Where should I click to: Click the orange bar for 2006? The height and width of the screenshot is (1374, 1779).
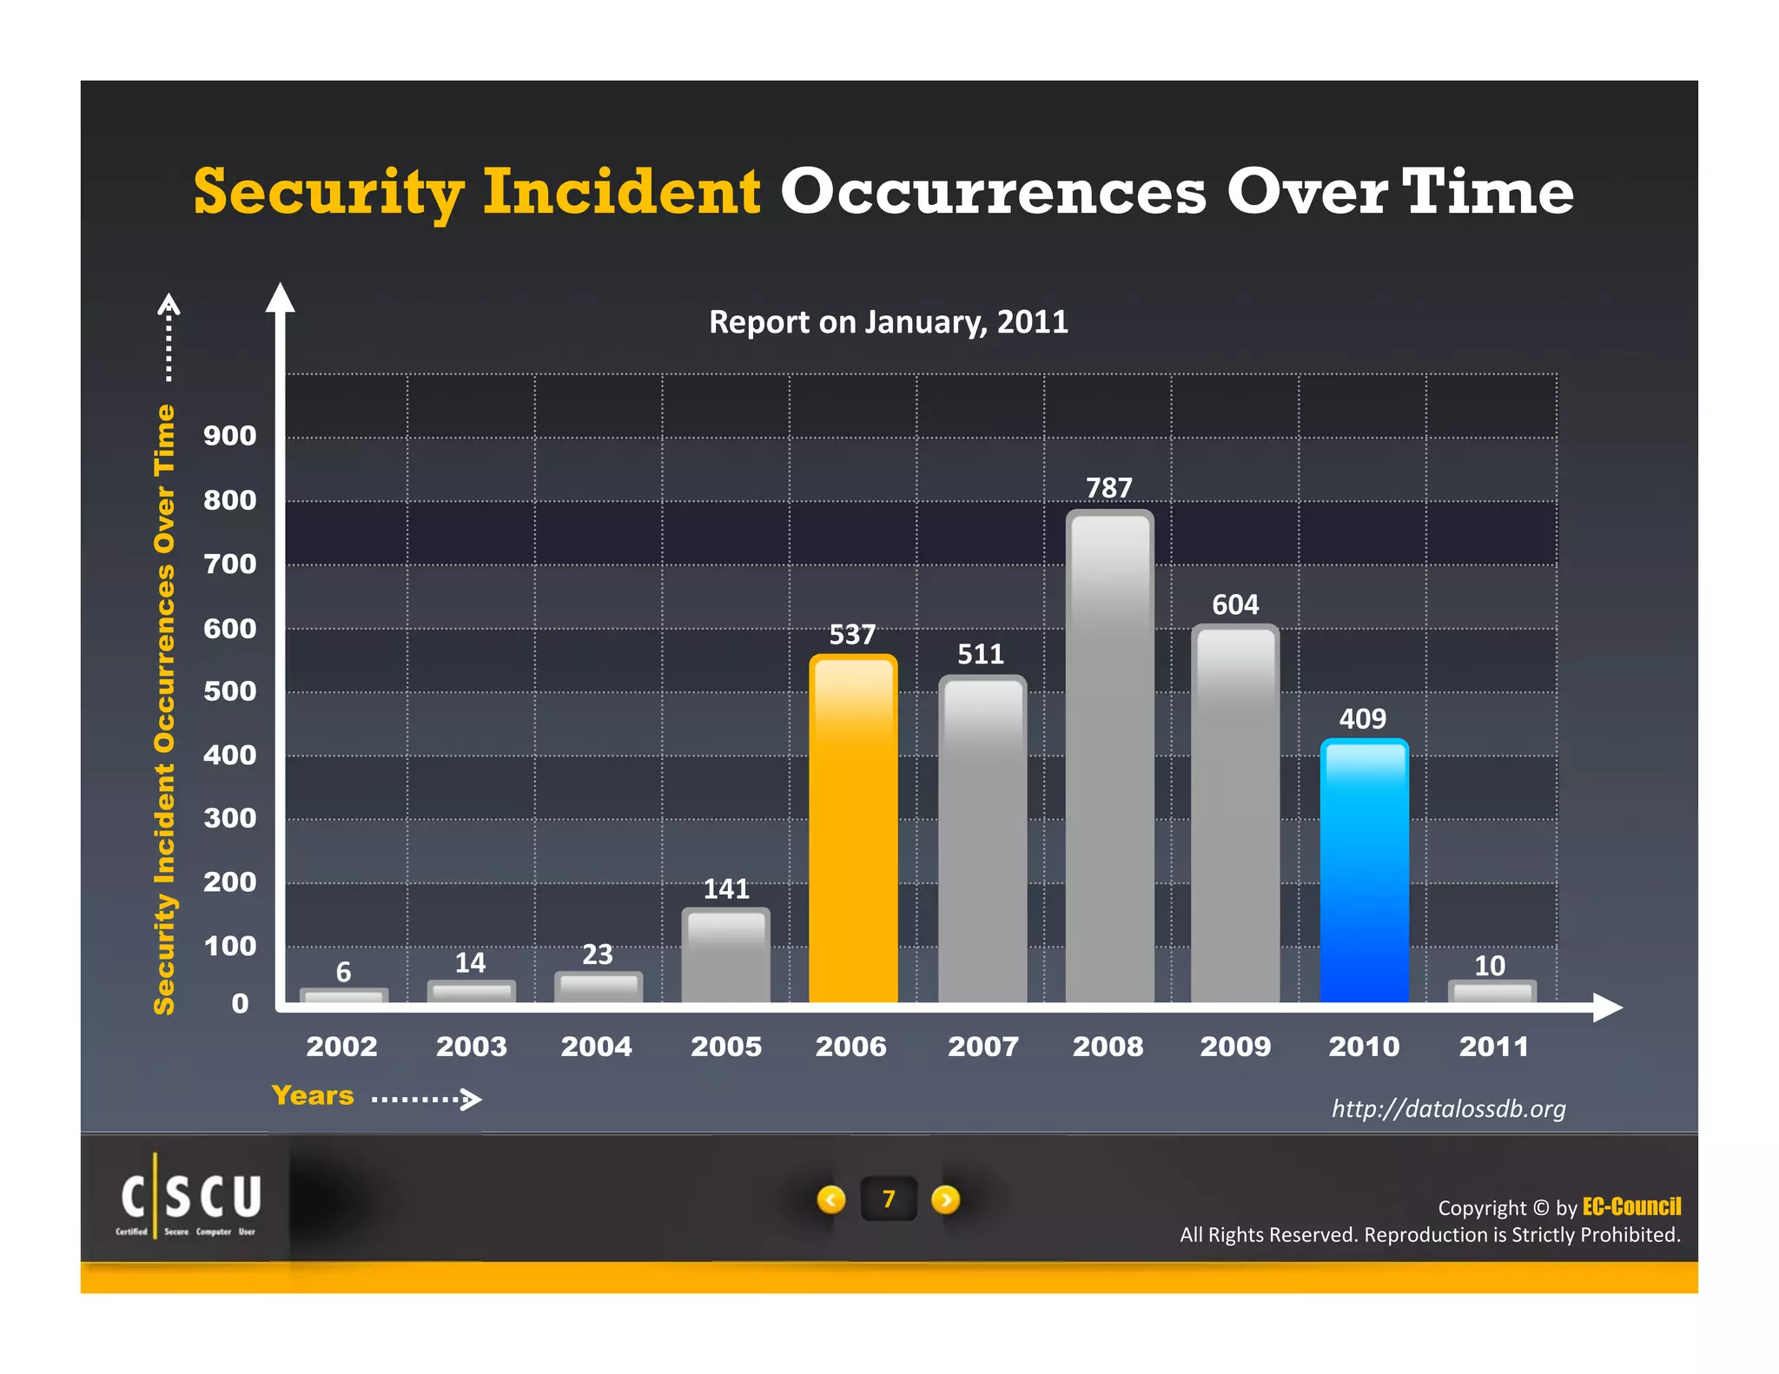click(852, 829)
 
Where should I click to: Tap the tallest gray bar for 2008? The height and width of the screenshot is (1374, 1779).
click(1109, 756)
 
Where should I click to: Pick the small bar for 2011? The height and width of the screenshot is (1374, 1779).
click(1491, 992)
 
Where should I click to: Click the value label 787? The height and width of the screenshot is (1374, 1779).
click(1108, 488)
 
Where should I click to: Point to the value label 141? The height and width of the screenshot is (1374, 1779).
click(725, 888)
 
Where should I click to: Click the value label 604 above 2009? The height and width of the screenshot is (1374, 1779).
click(1234, 604)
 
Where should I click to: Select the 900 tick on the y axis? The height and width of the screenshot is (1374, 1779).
click(229, 436)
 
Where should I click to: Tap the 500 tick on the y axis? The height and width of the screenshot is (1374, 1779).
click(229, 691)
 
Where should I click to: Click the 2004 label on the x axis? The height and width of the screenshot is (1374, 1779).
click(596, 1047)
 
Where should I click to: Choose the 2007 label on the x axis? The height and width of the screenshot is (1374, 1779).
click(982, 1047)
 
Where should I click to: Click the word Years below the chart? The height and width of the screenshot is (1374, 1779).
click(313, 1095)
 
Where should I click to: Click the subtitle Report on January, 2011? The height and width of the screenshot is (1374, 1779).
click(888, 322)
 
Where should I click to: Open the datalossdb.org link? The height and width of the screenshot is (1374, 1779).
click(1448, 1109)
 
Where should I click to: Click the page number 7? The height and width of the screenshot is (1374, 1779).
click(888, 1199)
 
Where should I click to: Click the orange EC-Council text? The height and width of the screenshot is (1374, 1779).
click(1631, 1206)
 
